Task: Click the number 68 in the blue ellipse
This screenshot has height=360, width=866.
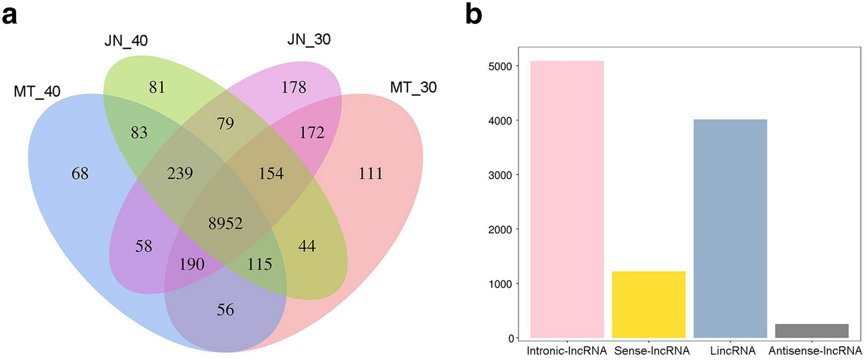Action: click(x=79, y=173)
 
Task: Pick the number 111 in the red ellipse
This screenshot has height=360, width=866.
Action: click(x=370, y=173)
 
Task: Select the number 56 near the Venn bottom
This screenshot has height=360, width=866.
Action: click(x=226, y=310)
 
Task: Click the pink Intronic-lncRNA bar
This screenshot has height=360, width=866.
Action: click(x=567, y=199)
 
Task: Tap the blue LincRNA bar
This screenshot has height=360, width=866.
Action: click(x=730, y=228)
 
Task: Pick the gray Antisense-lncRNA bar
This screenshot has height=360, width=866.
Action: click(x=811, y=331)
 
